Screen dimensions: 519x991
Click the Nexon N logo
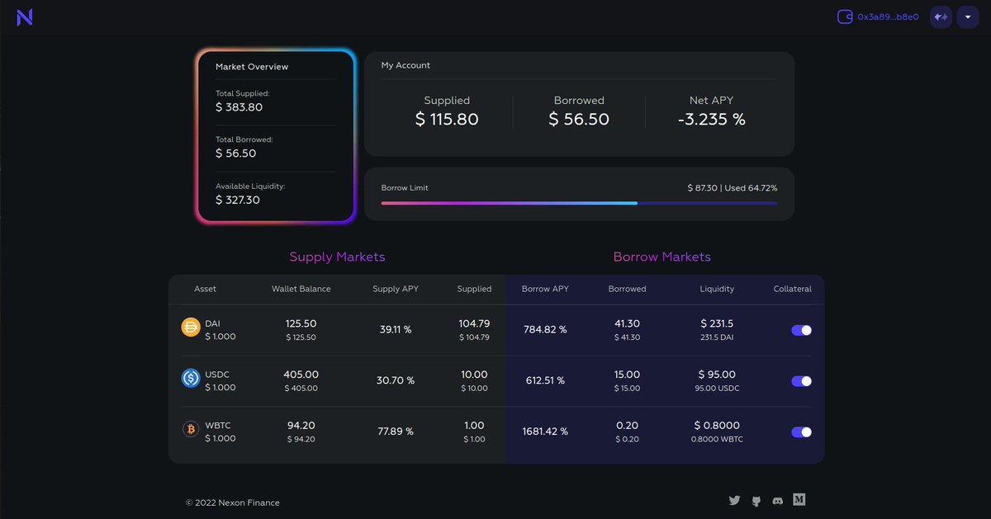(x=25, y=17)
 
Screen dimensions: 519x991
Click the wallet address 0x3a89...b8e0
(x=887, y=17)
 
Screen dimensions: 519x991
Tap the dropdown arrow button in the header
(x=967, y=17)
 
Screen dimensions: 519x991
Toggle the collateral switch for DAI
(x=801, y=330)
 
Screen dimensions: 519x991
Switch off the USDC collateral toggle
(x=801, y=381)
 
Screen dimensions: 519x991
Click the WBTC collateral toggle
(x=801, y=432)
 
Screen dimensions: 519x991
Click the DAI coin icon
(x=191, y=328)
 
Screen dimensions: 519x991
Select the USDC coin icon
(x=191, y=379)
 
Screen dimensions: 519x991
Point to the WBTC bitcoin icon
(x=191, y=430)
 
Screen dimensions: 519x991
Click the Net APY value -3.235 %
(x=711, y=120)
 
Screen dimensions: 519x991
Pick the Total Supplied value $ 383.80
(x=239, y=107)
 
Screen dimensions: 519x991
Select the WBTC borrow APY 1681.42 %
(x=545, y=432)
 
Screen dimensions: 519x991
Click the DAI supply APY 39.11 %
(x=395, y=329)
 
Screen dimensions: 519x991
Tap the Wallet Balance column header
(x=301, y=289)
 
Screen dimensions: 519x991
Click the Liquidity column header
(x=716, y=289)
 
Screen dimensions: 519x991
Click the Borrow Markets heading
(x=661, y=257)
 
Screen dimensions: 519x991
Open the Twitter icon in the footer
(x=734, y=500)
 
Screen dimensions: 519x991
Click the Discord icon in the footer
(x=777, y=500)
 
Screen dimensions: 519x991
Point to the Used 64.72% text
(x=751, y=188)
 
